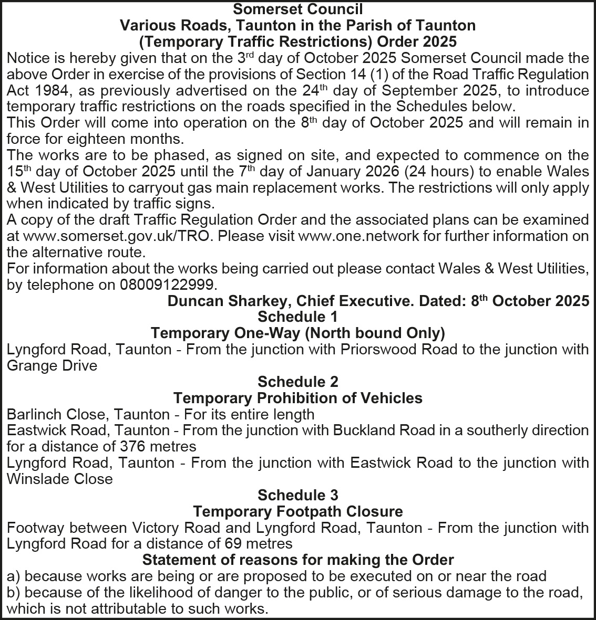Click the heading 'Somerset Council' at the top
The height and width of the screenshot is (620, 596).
pos(298,9)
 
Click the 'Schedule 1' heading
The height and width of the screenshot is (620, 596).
pos(297,317)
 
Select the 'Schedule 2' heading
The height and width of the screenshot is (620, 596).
pos(297,382)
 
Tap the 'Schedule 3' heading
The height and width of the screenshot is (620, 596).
pos(297,495)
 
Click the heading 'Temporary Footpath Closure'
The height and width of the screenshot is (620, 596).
pos(297,511)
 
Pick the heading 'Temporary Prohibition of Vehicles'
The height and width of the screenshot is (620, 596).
pos(297,398)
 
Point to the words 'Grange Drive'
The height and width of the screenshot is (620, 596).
pos(52,365)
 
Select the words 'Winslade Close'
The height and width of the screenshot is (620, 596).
pos(59,479)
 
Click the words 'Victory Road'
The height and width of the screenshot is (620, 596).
pos(178,528)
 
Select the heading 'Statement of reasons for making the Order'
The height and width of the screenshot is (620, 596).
pos(297,560)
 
